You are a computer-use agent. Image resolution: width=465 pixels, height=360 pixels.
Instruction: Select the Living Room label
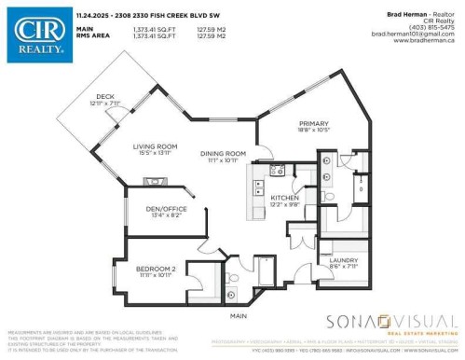(x=154, y=146)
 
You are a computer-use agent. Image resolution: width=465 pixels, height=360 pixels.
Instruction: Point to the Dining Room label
(x=223, y=154)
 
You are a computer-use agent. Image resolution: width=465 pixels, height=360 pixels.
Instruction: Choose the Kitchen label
(x=283, y=198)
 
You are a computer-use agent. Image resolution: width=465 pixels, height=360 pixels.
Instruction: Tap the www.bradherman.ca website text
(x=431, y=41)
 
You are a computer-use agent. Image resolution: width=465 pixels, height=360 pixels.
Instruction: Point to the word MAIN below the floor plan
(x=239, y=315)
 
